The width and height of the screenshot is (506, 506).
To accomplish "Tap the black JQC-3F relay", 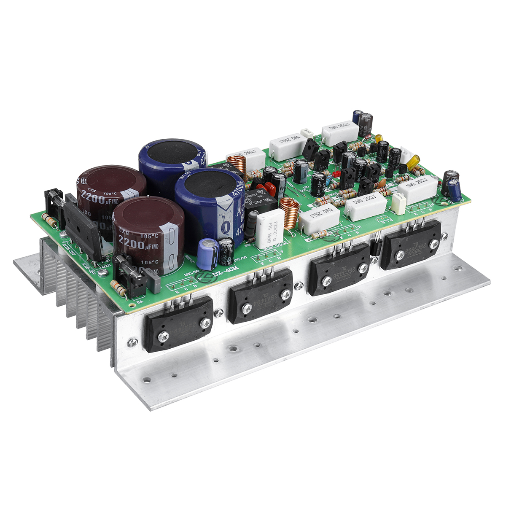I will click(x=260, y=202).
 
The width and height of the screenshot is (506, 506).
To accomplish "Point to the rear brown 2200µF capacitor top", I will click(x=111, y=179).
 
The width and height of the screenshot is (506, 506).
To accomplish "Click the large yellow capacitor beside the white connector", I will click(x=413, y=161).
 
